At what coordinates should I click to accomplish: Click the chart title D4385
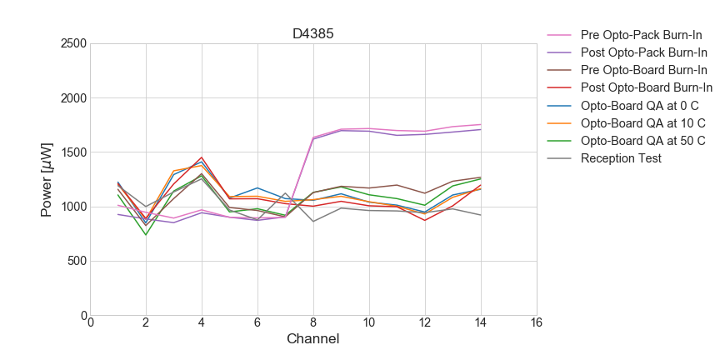[313, 34]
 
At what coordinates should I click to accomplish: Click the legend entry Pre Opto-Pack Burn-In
[641, 36]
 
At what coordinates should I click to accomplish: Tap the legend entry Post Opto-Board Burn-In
[647, 88]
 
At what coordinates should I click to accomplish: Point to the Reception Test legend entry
[621, 158]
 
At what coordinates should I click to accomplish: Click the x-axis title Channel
[313, 339]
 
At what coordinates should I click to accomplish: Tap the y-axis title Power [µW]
[47, 179]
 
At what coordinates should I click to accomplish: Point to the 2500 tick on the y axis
[73, 43]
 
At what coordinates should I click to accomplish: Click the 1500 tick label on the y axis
[73, 152]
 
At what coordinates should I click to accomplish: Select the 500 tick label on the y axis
[77, 262]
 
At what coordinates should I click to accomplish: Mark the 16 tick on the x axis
[536, 323]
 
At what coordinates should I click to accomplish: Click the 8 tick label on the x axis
[313, 323]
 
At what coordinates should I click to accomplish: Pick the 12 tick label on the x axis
[425, 323]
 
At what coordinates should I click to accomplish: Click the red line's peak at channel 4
[202, 157]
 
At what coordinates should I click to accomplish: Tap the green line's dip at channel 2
[146, 235]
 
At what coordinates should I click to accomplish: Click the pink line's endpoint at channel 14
[481, 124]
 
